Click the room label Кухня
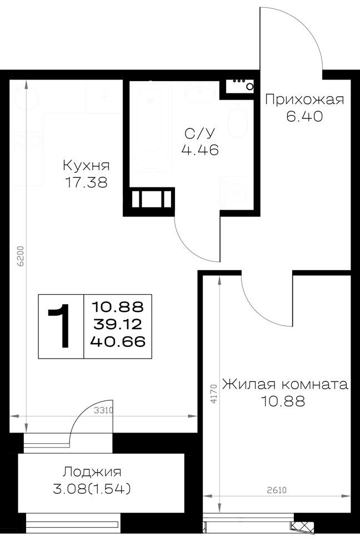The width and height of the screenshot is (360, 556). [x=86, y=166]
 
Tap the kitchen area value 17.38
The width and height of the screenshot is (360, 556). [x=86, y=182]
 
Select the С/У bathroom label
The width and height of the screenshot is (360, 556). [x=200, y=133]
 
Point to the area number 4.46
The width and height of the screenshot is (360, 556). [x=200, y=150]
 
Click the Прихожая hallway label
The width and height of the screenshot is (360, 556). [x=304, y=100]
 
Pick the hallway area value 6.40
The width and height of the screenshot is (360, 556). [x=304, y=116]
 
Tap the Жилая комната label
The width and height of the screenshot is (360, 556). [x=285, y=384]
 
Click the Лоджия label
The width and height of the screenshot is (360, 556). [x=92, y=472]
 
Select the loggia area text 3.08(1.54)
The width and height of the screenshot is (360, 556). [x=92, y=489]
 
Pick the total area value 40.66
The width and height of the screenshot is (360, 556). [x=118, y=342]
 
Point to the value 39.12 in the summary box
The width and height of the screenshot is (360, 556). [x=118, y=324]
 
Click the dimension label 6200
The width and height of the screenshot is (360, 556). [x=21, y=256]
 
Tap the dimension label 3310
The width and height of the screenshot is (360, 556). [x=103, y=411]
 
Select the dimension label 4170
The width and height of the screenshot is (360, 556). [x=213, y=394]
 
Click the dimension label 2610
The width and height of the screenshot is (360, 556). [x=276, y=490]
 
